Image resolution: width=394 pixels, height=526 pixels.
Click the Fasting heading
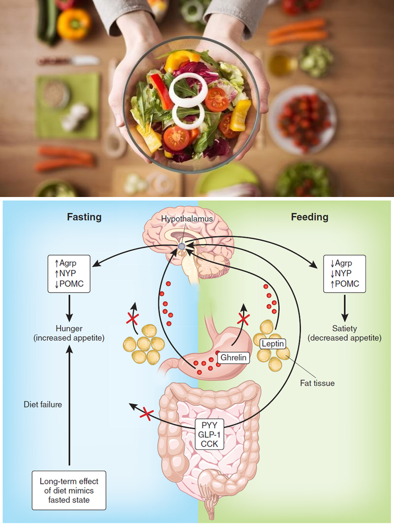tap(84, 217)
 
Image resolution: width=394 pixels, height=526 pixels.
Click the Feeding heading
tap(309, 217)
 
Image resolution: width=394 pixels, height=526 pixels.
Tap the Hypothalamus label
tap(187, 219)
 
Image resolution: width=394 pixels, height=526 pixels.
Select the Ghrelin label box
tap(233, 358)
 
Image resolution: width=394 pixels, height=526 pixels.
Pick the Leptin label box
tap(273, 343)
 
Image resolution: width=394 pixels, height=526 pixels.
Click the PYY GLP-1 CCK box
tap(209, 434)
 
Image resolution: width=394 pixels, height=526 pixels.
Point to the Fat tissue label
tap(317, 383)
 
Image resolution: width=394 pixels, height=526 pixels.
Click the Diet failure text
tap(42, 404)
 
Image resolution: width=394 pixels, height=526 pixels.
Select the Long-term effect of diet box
tap(69, 490)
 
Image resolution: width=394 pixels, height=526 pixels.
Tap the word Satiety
tap(344, 329)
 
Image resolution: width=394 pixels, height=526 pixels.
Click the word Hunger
tap(69, 329)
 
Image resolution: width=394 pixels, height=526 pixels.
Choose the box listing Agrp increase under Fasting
tap(69, 273)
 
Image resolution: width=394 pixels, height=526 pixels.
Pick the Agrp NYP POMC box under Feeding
tap(344, 273)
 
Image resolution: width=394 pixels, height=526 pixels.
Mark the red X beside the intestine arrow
tap(147, 413)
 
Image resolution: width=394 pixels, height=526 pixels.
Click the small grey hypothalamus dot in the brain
tap(181, 247)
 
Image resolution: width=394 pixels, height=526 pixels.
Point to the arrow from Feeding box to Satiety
tap(344, 309)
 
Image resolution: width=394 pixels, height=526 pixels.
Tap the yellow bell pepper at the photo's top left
tap(74, 24)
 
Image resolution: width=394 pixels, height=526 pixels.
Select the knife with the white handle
tap(69, 61)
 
